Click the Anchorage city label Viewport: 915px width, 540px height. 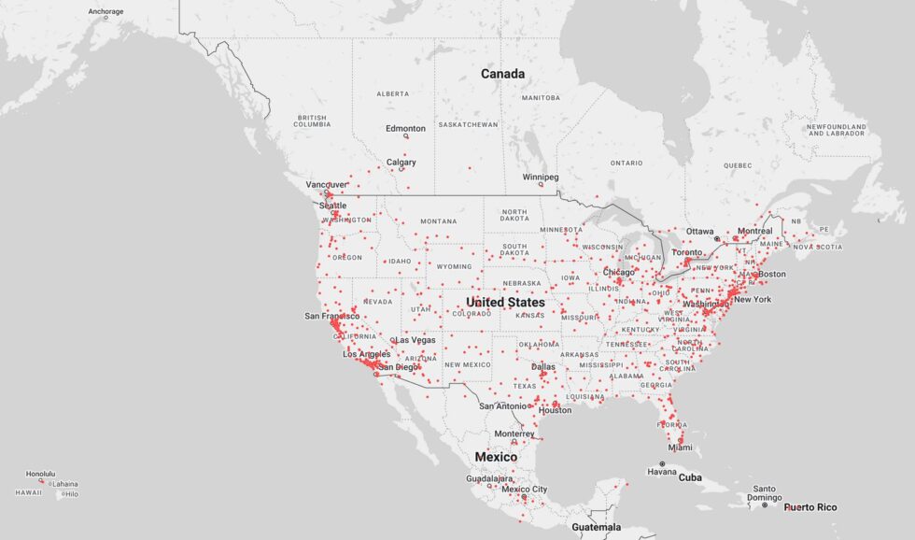point(106,11)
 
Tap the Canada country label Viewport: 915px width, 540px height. point(502,74)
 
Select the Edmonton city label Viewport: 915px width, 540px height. point(406,128)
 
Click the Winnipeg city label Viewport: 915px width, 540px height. point(540,177)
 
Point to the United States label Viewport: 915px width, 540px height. point(505,303)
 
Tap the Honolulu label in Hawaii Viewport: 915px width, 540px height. point(40,474)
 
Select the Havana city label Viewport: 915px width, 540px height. point(662,471)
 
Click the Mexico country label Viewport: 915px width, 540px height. point(496,457)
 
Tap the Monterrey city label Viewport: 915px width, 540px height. point(514,433)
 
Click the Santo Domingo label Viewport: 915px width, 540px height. point(764,493)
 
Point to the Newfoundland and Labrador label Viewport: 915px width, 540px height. point(838,130)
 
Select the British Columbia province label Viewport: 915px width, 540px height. point(312,121)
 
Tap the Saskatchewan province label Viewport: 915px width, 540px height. point(468,124)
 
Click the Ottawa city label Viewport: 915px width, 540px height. point(700,231)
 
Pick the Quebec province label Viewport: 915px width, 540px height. point(737,165)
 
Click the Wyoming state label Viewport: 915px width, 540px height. point(454,266)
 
